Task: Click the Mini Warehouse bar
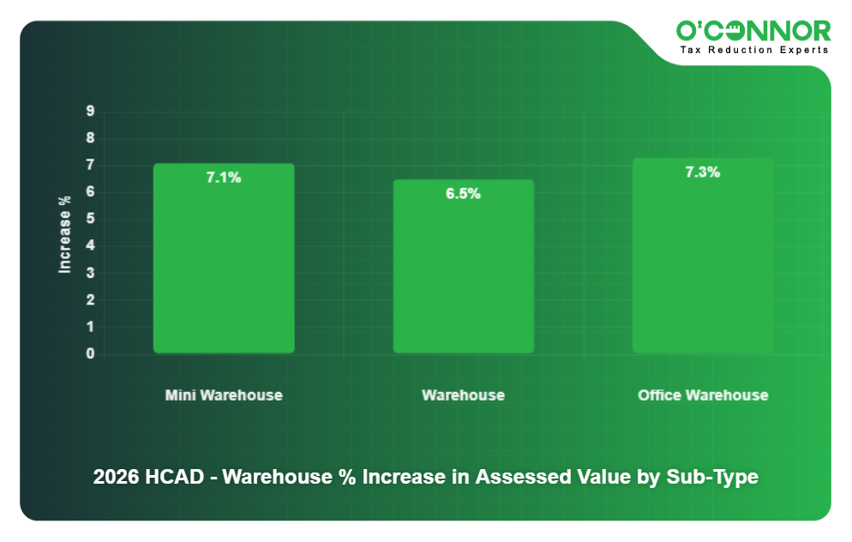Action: pyautogui.click(x=224, y=258)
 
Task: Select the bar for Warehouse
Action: pyautogui.click(x=463, y=266)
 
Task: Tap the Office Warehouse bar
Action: pyautogui.click(x=703, y=256)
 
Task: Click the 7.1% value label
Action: pyautogui.click(x=224, y=178)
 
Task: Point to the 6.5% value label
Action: pyautogui.click(x=463, y=194)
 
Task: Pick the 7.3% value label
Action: pyautogui.click(x=702, y=172)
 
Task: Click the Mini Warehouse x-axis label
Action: pyautogui.click(x=224, y=395)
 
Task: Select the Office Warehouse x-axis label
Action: pyautogui.click(x=703, y=395)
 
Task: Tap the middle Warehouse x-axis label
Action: pyautogui.click(x=463, y=395)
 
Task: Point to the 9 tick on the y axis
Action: pyautogui.click(x=90, y=111)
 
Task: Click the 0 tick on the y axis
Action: pyautogui.click(x=90, y=354)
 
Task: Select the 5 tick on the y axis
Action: pyautogui.click(x=90, y=219)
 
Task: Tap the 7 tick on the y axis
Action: pyautogui.click(x=90, y=165)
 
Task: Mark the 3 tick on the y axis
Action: pyautogui.click(x=90, y=273)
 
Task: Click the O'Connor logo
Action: pyautogui.click(x=753, y=31)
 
